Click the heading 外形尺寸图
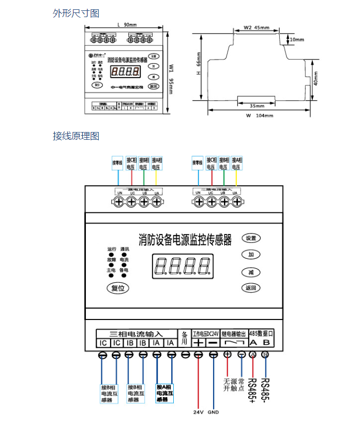[x=76, y=13]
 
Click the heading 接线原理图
[x=76, y=136]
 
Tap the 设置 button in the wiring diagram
[x=251, y=238]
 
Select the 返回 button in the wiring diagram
[x=251, y=287]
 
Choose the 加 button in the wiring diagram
[x=251, y=254]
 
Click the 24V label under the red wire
[x=198, y=413]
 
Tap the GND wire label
[x=213, y=413]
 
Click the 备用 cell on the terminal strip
[x=185, y=338]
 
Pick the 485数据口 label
[x=261, y=333]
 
